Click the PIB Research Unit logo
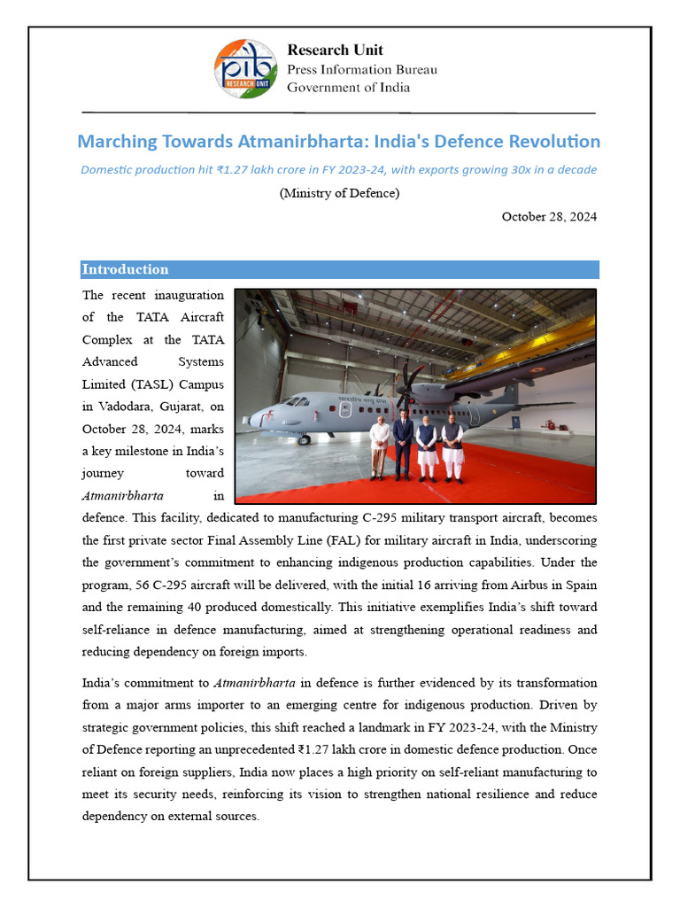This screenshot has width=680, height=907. click(246, 68)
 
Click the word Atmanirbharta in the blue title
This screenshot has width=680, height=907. click(301, 142)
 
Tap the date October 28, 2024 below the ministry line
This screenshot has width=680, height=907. click(549, 217)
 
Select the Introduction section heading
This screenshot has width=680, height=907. click(125, 269)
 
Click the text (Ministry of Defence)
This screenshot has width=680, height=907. click(339, 193)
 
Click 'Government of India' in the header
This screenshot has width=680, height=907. click(348, 88)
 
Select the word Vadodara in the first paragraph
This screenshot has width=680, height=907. click(126, 407)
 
